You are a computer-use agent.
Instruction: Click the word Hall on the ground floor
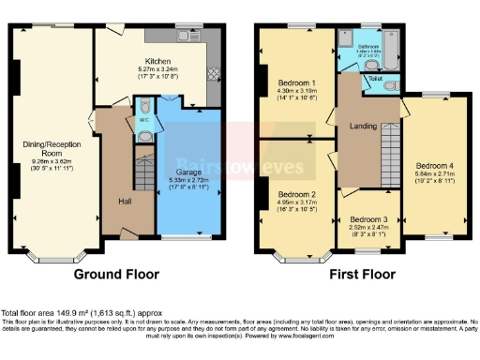[x=125, y=202]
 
